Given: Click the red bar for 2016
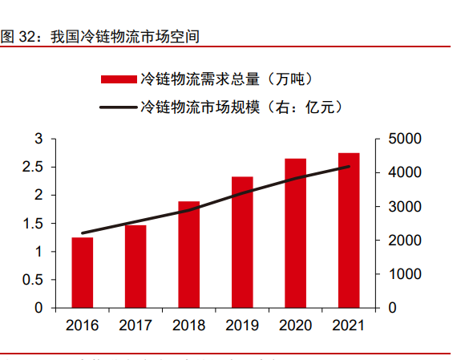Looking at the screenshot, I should [x=82, y=273].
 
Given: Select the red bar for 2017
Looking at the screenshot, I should [x=135, y=266].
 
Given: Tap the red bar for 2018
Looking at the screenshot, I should [x=188, y=254].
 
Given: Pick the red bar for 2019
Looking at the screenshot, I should [x=242, y=242].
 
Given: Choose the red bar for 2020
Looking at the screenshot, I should [x=295, y=233].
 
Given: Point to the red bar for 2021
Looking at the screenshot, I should [x=349, y=230].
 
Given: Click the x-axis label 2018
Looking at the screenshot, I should [x=188, y=326].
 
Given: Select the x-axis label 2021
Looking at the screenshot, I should [x=349, y=326].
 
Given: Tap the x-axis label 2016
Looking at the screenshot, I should [x=82, y=326].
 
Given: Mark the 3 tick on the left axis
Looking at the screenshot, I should [x=38, y=140].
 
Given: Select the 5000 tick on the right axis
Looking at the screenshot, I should [x=402, y=140].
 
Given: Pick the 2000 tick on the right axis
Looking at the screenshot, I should [x=402, y=241].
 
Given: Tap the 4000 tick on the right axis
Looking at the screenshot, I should [x=402, y=173].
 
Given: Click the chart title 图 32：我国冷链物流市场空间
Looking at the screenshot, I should [x=100, y=37].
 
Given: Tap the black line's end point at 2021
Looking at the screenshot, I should [x=349, y=167].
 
